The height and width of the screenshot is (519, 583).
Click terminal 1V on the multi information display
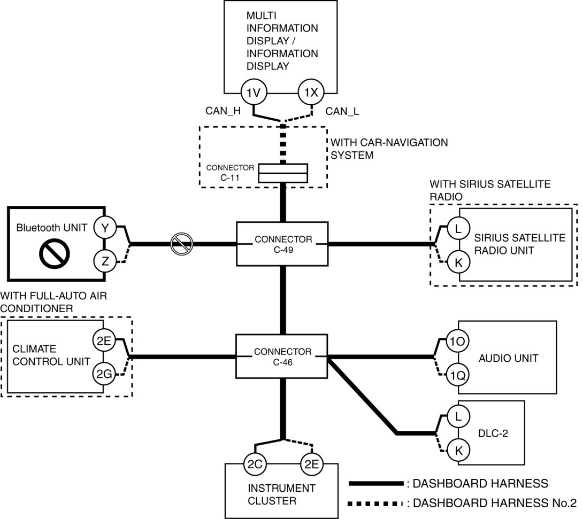coord(254,92)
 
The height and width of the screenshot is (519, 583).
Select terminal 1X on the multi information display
coord(311,92)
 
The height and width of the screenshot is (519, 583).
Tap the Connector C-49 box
coord(282,244)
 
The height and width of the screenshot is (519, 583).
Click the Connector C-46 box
coord(282,357)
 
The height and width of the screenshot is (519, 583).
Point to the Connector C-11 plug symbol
coord(283,173)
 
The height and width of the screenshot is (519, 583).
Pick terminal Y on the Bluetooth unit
coord(105,227)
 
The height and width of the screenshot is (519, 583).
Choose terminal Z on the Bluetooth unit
coord(105,261)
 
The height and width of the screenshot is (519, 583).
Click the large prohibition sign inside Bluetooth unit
coord(54,253)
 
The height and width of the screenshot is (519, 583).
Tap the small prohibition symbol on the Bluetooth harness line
coord(181,244)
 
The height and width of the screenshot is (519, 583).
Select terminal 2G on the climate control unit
coord(104,374)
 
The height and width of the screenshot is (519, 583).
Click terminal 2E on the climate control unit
coord(104,340)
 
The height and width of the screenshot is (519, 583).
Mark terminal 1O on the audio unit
coord(458,341)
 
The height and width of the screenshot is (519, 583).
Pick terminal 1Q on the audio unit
coord(458,376)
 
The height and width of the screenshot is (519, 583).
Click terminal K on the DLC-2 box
coord(458,450)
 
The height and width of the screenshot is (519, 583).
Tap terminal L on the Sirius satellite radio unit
coord(458,228)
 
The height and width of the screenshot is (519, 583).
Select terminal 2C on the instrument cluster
coord(255,464)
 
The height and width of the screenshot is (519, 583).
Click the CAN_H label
coord(223,111)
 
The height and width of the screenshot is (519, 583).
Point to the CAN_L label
coord(342,111)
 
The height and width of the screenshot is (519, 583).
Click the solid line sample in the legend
coord(376,483)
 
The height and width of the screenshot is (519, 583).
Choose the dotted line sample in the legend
coord(375,504)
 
